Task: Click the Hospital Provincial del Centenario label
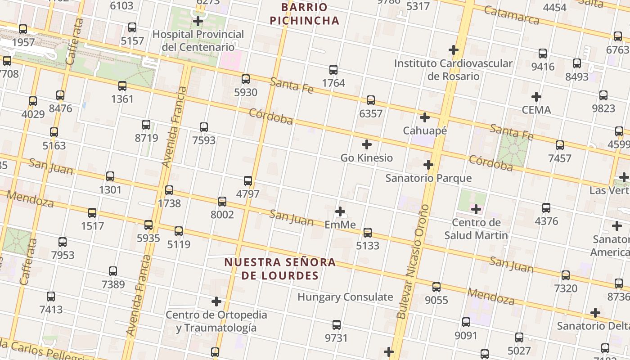click(x=198, y=40)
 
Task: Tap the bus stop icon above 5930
click(x=246, y=79)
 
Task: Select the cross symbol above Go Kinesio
click(x=367, y=144)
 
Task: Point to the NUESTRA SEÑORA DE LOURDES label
click(x=280, y=269)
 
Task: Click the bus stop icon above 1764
click(x=333, y=70)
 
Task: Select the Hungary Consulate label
click(x=345, y=297)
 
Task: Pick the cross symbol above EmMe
click(x=340, y=211)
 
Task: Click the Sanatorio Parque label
click(x=428, y=178)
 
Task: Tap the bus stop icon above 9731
click(x=337, y=325)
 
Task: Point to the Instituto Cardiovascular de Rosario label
click(x=453, y=70)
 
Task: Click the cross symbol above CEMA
click(x=536, y=97)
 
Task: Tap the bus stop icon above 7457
click(x=560, y=145)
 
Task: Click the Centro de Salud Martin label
click(x=476, y=229)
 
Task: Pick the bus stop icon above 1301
click(x=110, y=176)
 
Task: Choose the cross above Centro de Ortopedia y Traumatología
click(x=216, y=301)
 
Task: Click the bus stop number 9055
click(x=436, y=300)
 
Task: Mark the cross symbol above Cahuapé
click(x=424, y=117)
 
